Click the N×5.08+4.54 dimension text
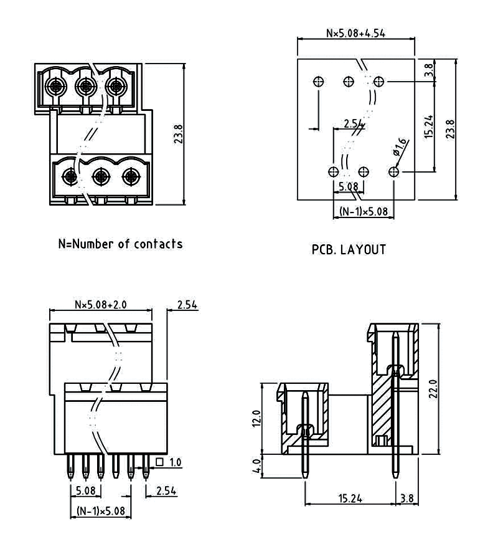pos(355,33)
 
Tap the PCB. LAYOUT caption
pos(349,250)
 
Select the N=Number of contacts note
pos(120,244)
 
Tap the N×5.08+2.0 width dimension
pos(100,305)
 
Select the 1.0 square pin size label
pos(175,462)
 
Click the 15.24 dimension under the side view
pos(351,498)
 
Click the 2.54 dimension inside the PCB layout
pos(353,123)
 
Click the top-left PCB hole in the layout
pos(318,81)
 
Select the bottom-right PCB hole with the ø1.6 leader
pos(393,171)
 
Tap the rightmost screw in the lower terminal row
pos(129,177)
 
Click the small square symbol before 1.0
pos(160,462)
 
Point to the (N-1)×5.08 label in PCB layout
pos(364,212)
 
